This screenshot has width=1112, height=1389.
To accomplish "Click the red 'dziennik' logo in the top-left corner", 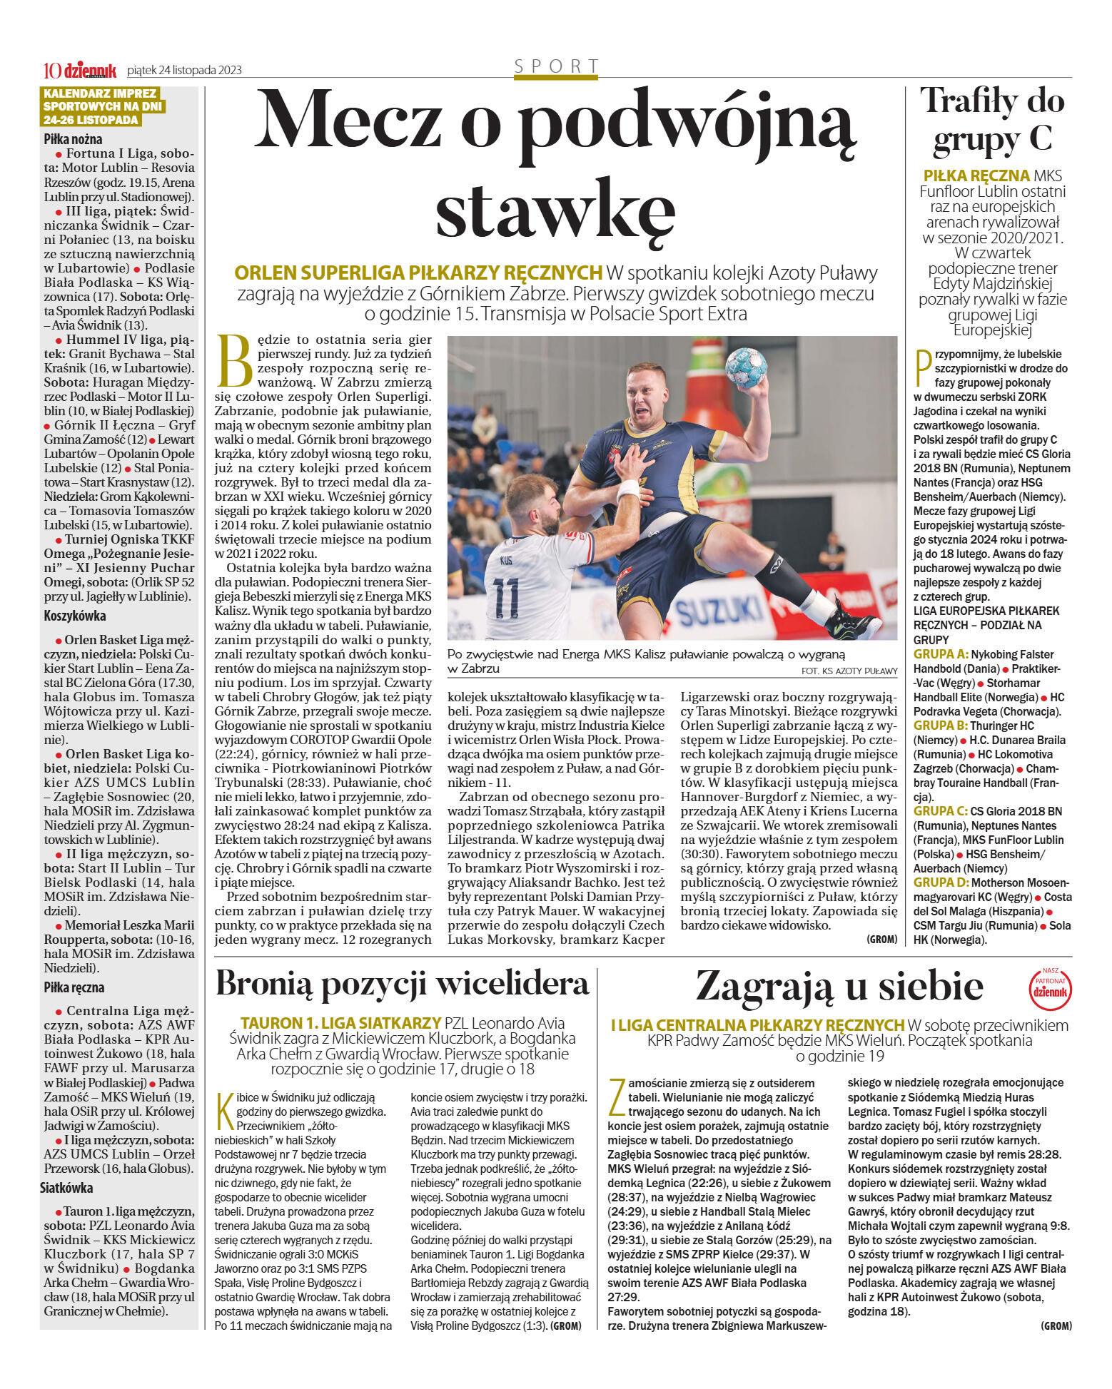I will pyautogui.click(x=89, y=70).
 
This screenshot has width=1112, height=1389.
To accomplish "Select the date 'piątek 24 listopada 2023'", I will pyautogui.click(x=184, y=70).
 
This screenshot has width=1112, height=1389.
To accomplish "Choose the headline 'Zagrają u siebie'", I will pyautogui.click(x=839, y=987).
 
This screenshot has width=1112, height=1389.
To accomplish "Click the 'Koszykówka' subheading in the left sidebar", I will pyautogui.click(x=74, y=616).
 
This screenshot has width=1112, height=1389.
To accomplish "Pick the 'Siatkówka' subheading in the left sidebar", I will pyautogui.click(x=66, y=1188).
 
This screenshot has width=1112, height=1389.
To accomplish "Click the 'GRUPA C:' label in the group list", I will pyautogui.click(x=940, y=811).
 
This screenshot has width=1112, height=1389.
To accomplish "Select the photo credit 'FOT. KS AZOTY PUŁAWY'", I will pyautogui.click(x=849, y=671).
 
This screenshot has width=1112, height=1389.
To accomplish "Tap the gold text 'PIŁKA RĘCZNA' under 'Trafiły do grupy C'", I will pyautogui.click(x=976, y=175).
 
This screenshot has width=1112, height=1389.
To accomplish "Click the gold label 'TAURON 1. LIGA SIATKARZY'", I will pyautogui.click(x=340, y=1022).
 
